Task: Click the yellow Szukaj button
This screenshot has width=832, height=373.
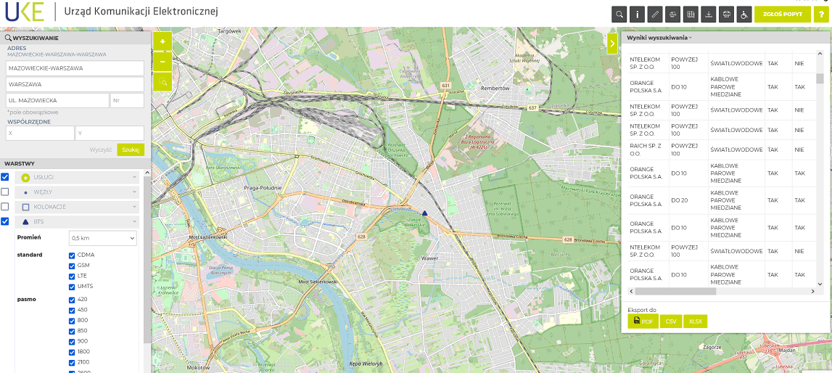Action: pyautogui.click(x=131, y=149)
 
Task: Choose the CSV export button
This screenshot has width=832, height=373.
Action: pyautogui.click(x=670, y=321)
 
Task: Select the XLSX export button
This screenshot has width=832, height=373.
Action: pyautogui.click(x=695, y=321)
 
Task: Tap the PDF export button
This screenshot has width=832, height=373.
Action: pyautogui.click(x=643, y=321)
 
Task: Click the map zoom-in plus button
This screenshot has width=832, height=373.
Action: pyautogui.click(x=162, y=41)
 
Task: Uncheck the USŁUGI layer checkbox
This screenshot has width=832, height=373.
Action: pyautogui.click(x=5, y=177)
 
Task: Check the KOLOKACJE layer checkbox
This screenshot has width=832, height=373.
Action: pyautogui.click(x=5, y=207)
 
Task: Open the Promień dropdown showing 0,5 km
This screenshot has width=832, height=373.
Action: pyautogui.click(x=102, y=238)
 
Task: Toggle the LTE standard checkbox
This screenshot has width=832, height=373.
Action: pyautogui.click(x=72, y=276)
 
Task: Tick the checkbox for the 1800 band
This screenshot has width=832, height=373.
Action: pyautogui.click(x=72, y=352)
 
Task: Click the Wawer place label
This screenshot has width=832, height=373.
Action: pyautogui.click(x=429, y=258)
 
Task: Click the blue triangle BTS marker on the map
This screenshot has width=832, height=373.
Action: pyautogui.click(x=425, y=213)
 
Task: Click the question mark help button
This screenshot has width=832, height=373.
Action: pyautogui.click(x=821, y=15)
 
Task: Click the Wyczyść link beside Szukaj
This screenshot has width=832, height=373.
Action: pyautogui.click(x=100, y=149)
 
